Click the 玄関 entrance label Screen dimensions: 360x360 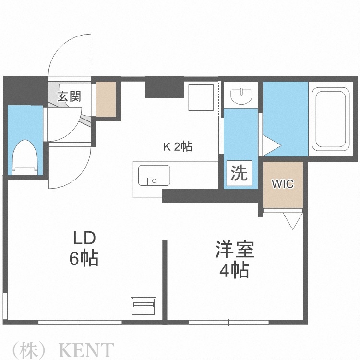tap(69, 96)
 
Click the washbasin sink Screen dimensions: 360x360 tap(241, 96)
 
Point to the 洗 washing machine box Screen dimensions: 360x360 tap(239, 173)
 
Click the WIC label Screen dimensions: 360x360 tap(283, 184)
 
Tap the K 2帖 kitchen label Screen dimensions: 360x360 tap(178, 147)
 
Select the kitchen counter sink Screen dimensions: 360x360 tap(154, 176)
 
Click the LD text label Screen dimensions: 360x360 tap(84, 238)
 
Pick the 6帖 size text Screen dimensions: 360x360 tap(84, 259)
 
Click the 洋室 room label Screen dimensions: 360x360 tap(234, 251)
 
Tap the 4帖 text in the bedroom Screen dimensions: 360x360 tap(234, 271)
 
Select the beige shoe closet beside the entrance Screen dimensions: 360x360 tap(106, 99)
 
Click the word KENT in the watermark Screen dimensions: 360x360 tap(86, 349)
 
